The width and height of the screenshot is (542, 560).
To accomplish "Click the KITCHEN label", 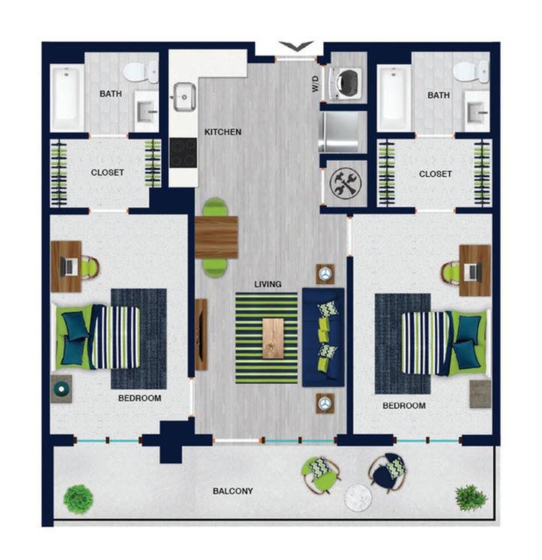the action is click(223, 132).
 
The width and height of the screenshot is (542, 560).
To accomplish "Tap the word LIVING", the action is click(268, 284).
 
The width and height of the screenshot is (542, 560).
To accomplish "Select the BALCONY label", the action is click(233, 491).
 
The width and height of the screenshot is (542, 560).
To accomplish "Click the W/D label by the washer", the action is click(316, 83).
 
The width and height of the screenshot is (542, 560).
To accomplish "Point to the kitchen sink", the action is click(184, 97).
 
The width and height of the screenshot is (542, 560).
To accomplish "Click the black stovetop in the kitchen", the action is click(183, 153).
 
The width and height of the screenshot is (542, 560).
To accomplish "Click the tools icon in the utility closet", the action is click(345, 183).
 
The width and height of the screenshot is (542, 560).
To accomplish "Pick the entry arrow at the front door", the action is click(296, 46).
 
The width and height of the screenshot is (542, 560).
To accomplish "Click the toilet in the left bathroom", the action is click(141, 72).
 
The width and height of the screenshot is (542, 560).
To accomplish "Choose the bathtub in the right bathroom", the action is click(394, 97).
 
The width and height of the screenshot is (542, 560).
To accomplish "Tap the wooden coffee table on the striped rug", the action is click(273, 339).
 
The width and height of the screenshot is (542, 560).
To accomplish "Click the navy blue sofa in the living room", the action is click(323, 337).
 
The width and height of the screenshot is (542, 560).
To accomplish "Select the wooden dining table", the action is click(217, 237).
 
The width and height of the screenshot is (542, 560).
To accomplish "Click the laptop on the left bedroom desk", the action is click(68, 267).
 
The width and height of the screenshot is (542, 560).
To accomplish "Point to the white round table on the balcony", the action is click(358, 498).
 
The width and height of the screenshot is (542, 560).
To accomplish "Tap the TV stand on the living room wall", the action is click(201, 334).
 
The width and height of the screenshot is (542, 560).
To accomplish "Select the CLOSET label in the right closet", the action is click(436, 174).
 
